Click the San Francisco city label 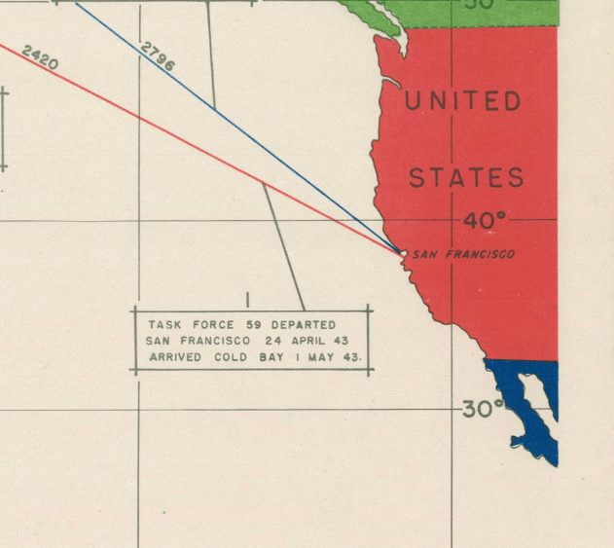click(x=463, y=254)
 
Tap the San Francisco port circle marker click(x=404, y=253)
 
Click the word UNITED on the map click(x=462, y=101)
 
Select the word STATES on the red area click(x=466, y=178)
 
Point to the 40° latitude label click(x=484, y=221)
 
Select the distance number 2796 click(x=158, y=55)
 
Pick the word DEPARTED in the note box click(x=304, y=324)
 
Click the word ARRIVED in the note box click(x=175, y=357)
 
